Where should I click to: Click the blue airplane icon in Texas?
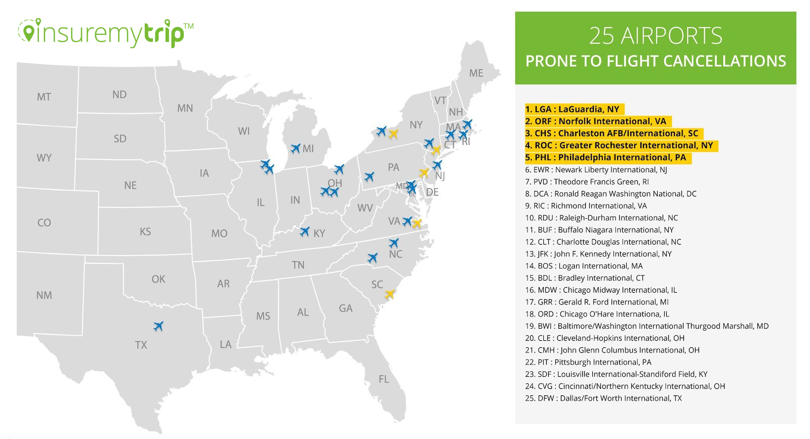point(158,326)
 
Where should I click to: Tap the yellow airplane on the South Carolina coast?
point(389,294)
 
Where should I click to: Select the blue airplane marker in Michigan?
point(296,148)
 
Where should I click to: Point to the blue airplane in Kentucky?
point(304,231)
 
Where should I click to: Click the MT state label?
point(44,97)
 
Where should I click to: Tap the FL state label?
point(384,379)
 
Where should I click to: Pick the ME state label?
point(476,73)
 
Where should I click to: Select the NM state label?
point(44,295)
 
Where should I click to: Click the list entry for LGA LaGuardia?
point(572,109)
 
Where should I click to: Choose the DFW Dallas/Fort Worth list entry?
point(603,398)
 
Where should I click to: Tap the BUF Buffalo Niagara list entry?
point(599,229)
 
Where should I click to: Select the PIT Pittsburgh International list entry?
point(588,362)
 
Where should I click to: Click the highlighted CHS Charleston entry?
point(612,133)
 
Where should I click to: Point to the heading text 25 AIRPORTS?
point(656,35)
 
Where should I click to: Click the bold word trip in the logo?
point(162,33)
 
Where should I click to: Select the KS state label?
point(145,231)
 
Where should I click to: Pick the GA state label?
point(346,308)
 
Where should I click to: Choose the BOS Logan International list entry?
point(584,266)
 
